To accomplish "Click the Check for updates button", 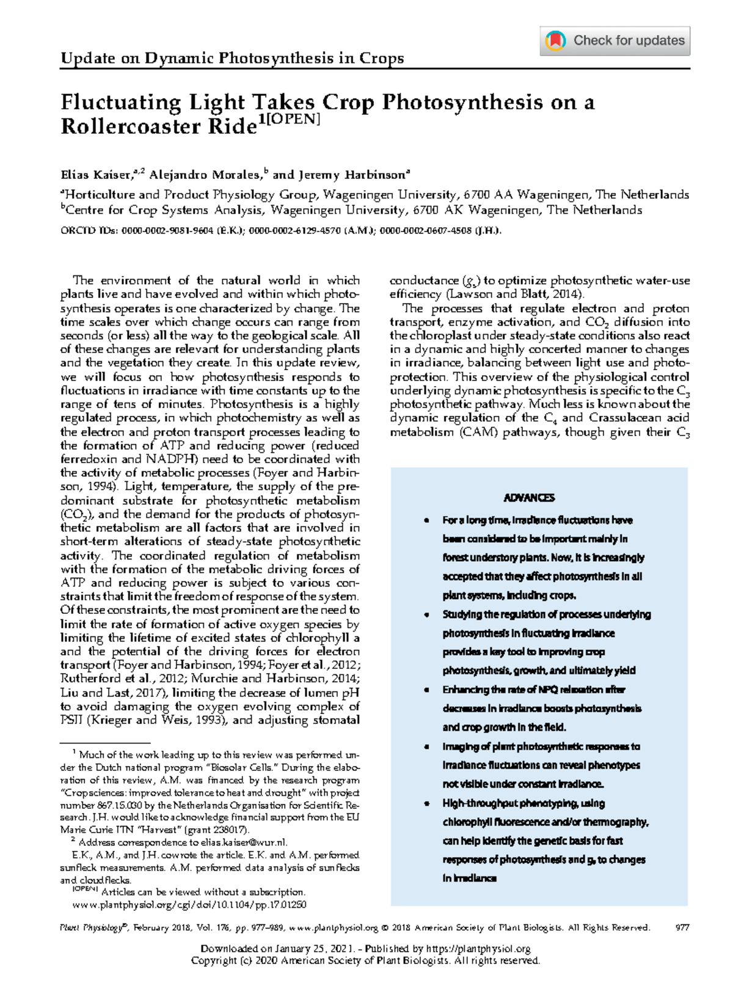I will (x=615, y=41).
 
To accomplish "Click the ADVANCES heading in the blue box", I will (x=529, y=498).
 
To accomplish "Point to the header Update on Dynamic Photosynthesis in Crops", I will (x=232, y=59).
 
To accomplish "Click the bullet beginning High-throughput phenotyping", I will (x=523, y=803).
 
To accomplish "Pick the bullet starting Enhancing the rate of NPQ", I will (x=533, y=690).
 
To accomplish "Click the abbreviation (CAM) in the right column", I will (x=487, y=432).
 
